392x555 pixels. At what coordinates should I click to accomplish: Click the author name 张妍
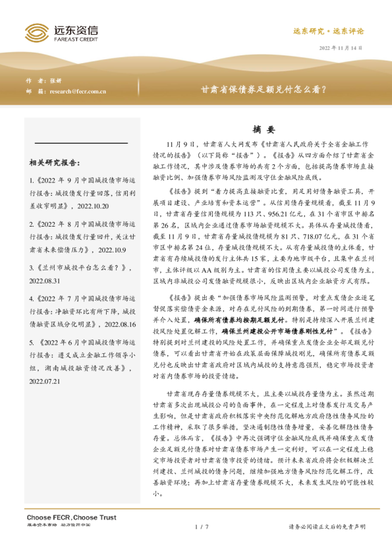click(55, 80)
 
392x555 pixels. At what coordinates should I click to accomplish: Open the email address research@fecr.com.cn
click(78, 91)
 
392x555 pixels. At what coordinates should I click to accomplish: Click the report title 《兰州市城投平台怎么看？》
click(83, 268)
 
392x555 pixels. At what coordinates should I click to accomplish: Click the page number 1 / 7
click(202, 527)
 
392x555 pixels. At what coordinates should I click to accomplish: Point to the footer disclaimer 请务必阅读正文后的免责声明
click(327, 527)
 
